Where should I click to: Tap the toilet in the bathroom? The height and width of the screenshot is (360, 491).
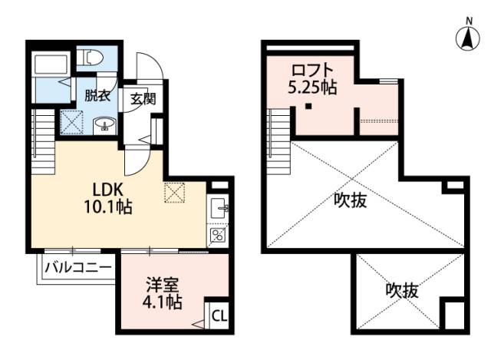tap(91, 58)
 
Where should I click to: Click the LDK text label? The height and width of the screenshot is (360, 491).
tap(108, 189)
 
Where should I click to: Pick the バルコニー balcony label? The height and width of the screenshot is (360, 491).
tap(77, 268)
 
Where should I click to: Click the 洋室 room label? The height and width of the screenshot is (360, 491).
tap(163, 285)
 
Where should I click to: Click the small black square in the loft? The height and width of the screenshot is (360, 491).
tap(308, 107)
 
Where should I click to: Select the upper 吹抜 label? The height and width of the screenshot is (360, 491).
tap(350, 201)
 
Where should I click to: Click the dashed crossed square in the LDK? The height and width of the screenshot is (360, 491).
tap(175, 192)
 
